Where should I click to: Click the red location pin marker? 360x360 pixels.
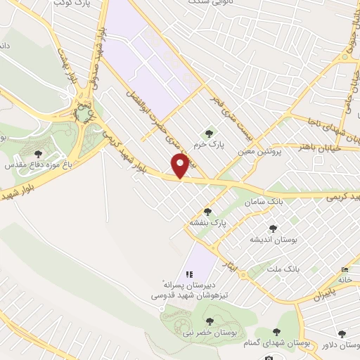coord(182,167)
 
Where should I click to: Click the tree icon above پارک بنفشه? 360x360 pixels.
coord(207,211)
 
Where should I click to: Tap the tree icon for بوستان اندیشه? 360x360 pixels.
coord(273,229)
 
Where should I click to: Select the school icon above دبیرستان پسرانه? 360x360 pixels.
coord(188,274)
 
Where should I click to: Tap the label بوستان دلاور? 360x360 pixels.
coord(340,345)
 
